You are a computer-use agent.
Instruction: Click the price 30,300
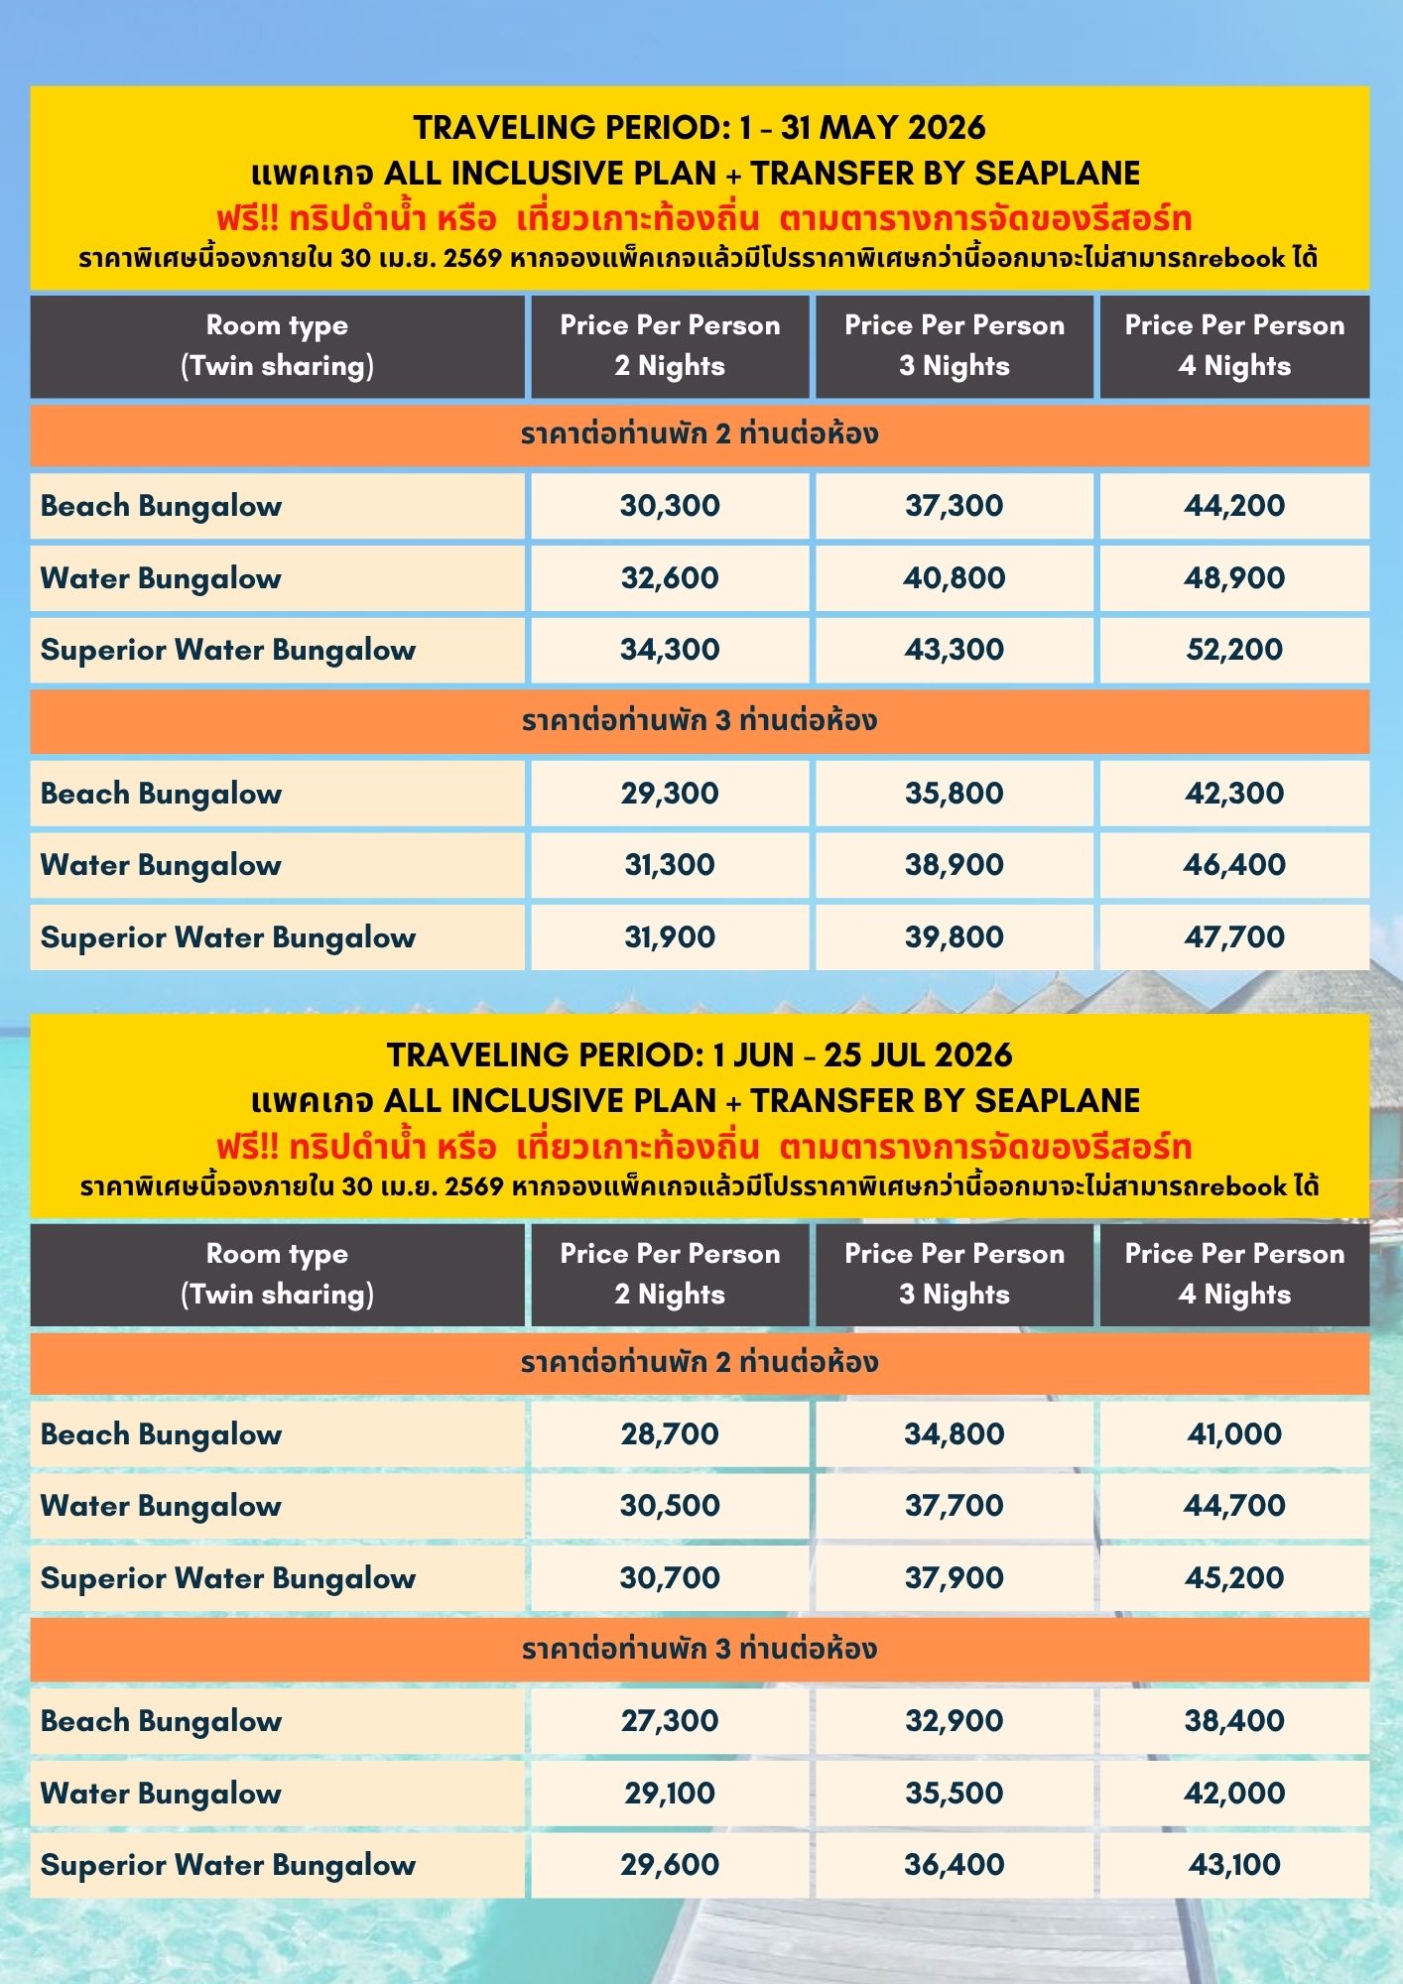pos(670,506)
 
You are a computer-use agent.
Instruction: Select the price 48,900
pos(1233,578)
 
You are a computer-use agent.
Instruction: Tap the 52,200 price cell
pos(1233,650)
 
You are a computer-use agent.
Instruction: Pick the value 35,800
pos(954,794)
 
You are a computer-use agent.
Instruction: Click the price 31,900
pos(670,937)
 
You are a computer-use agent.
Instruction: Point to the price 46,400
pos(1233,865)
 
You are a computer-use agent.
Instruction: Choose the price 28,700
pos(670,1434)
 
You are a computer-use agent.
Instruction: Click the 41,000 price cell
pos(1233,1434)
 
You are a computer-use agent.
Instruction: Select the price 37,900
pos(954,1578)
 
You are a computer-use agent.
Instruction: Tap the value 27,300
pos(670,1721)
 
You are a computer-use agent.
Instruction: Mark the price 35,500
pos(954,1794)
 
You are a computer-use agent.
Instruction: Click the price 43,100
pos(1233,1865)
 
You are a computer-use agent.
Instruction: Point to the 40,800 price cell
pos(954,578)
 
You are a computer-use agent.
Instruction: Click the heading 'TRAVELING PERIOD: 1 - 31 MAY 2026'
pos(700,128)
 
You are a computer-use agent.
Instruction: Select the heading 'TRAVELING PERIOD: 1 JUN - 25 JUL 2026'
pos(700,1055)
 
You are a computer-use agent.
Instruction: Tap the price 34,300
pos(670,650)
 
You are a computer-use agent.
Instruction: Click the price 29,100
pos(670,1794)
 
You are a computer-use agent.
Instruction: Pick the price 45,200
pos(1233,1578)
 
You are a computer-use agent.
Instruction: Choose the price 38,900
pos(954,865)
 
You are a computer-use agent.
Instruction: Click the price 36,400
pos(954,1865)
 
